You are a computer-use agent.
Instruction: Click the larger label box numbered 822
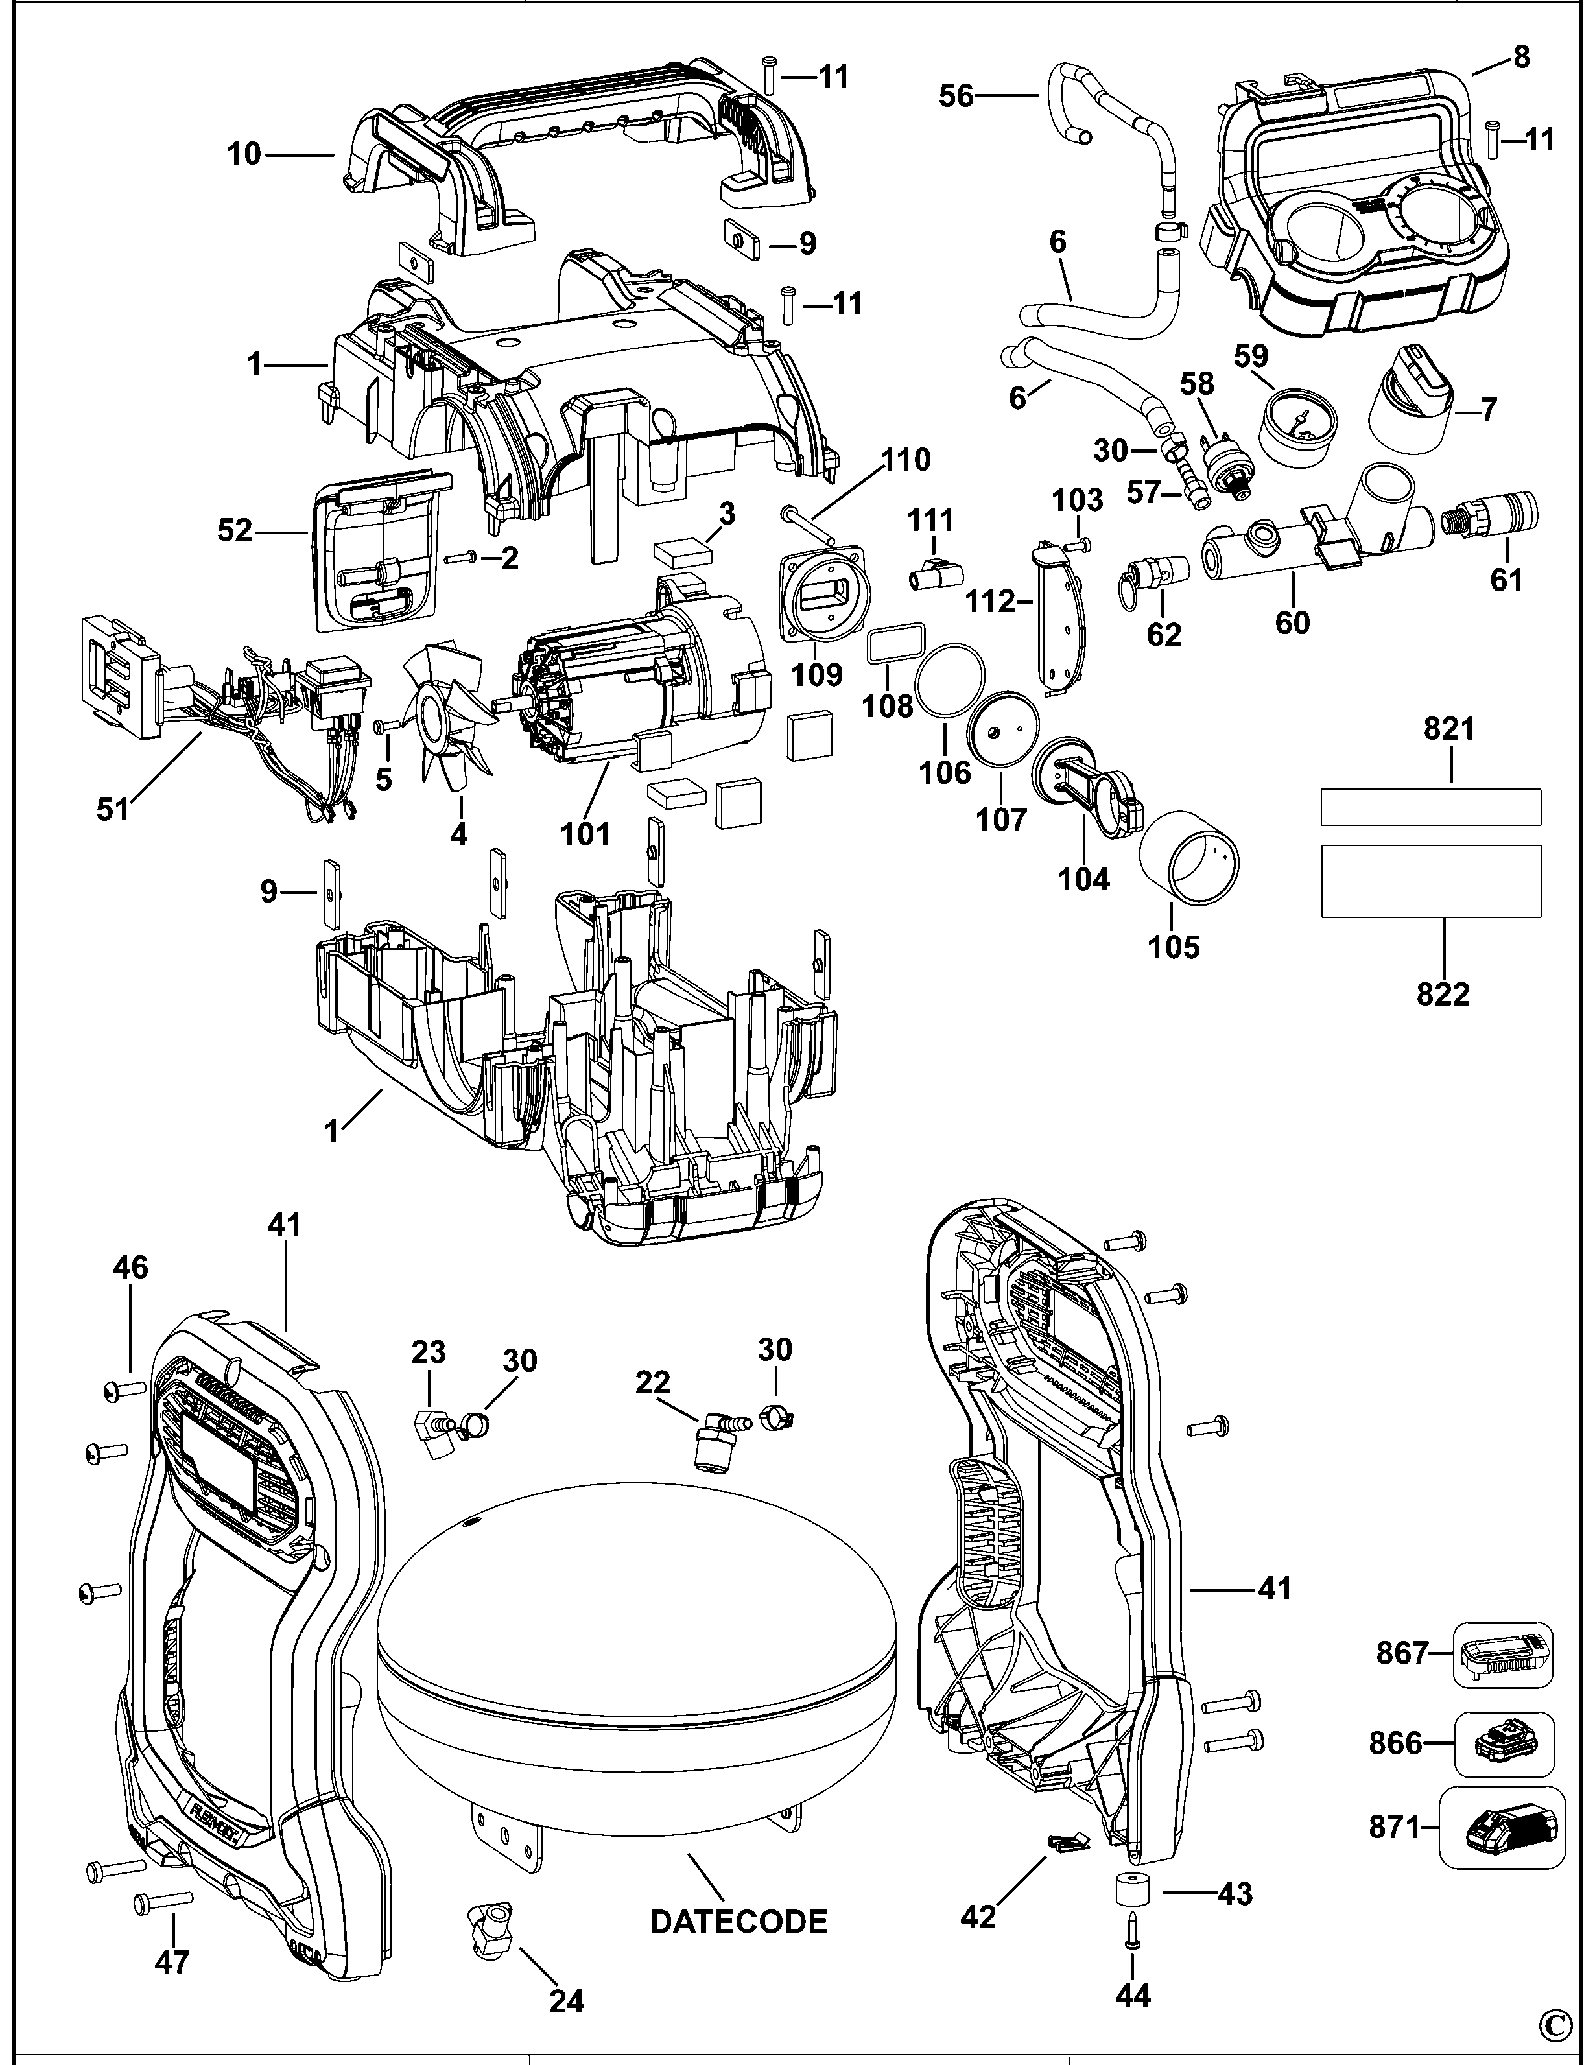[x=1430, y=881]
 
